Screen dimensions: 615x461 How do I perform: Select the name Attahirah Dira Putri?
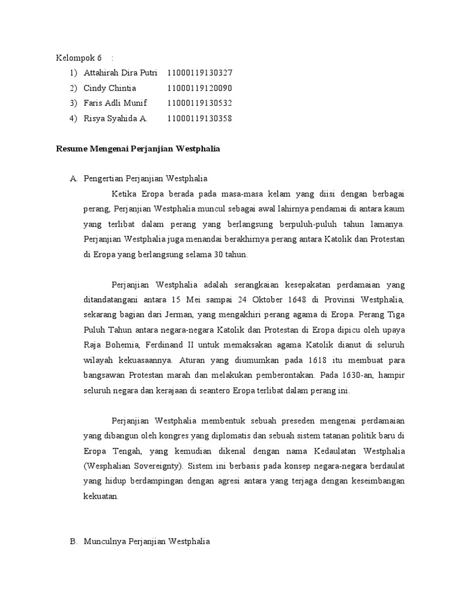[x=121, y=73]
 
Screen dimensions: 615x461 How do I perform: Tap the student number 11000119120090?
[x=200, y=88]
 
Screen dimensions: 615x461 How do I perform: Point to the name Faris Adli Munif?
[x=115, y=103]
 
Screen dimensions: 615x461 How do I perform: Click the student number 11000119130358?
[x=200, y=118]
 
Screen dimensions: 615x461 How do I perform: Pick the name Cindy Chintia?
[x=110, y=88]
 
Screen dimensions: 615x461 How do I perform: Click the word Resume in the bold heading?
[x=71, y=148]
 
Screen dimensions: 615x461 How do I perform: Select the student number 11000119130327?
[x=200, y=73]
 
